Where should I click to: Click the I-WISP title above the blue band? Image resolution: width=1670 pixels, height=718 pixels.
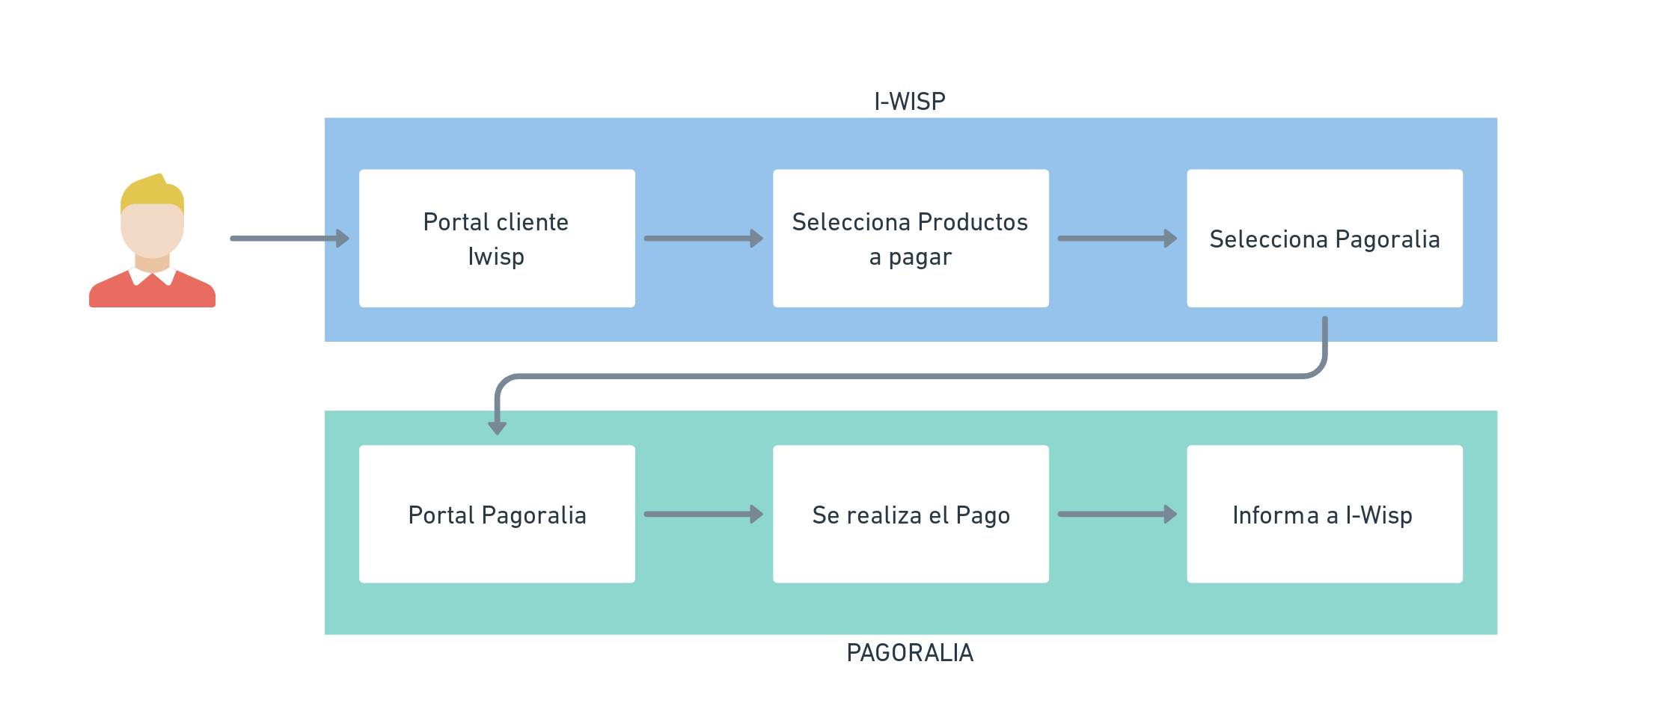(x=910, y=101)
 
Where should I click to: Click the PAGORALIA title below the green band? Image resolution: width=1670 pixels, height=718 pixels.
(x=910, y=653)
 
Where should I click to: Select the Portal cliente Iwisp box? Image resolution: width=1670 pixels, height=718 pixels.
(x=497, y=239)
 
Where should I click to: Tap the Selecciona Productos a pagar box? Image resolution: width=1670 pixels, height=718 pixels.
(x=911, y=239)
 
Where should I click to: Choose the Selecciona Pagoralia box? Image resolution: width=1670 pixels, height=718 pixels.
(x=1324, y=239)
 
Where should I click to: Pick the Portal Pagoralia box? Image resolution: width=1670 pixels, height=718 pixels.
(x=497, y=515)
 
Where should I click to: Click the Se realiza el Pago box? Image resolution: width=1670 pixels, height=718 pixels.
(x=911, y=515)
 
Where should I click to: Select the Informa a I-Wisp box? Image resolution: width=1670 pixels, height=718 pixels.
(x=1324, y=515)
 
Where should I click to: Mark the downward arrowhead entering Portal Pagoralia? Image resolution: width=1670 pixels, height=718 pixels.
(x=498, y=427)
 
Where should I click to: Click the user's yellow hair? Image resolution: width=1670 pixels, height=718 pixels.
(x=152, y=191)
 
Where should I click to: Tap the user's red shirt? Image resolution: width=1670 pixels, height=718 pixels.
(x=152, y=294)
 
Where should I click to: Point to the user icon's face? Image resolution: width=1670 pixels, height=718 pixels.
(x=152, y=230)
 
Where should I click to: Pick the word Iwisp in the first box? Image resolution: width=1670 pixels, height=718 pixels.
(x=496, y=257)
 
